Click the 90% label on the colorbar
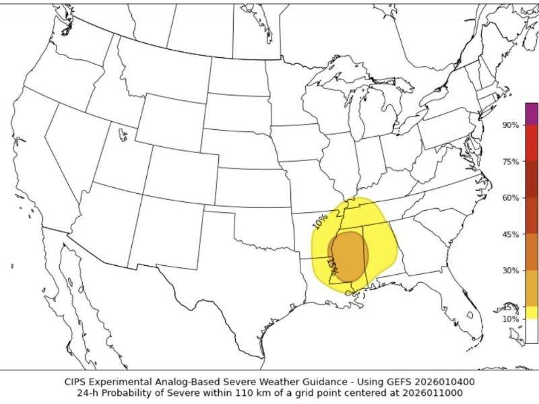(x=510, y=125)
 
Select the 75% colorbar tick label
(x=510, y=162)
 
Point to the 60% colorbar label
(x=510, y=198)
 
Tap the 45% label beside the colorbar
(x=510, y=234)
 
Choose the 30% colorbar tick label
(x=510, y=271)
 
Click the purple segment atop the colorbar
(x=532, y=113)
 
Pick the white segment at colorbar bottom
(x=532, y=331)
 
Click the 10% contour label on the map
(x=320, y=220)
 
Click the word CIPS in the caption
(x=75, y=381)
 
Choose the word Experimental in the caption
(x=122, y=381)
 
